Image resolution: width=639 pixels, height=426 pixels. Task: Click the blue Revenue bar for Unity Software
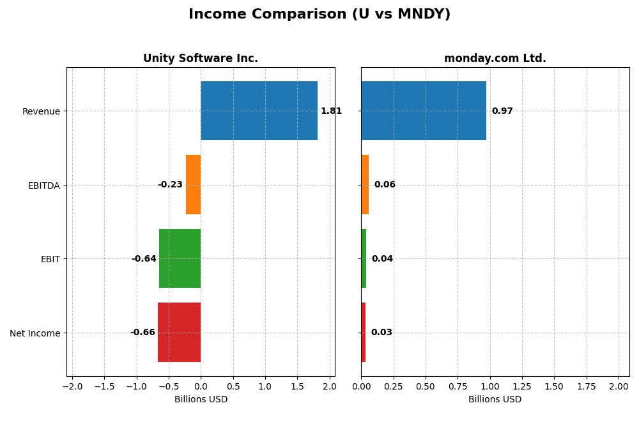pos(259,111)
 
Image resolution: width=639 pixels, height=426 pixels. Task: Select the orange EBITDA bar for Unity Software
pos(193,185)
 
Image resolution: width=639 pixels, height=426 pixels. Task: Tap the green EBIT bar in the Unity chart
pos(180,258)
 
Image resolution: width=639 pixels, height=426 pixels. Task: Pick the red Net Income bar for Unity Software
pos(179,333)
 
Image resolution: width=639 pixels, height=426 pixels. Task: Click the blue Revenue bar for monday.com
pos(423,111)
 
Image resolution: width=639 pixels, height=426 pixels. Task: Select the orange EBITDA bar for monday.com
pos(365,185)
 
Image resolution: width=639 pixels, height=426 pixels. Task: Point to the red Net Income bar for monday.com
pos(363,333)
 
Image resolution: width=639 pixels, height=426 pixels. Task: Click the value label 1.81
pos(331,111)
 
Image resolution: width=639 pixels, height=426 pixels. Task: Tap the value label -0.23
pos(170,185)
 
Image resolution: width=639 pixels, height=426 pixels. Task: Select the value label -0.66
pos(142,333)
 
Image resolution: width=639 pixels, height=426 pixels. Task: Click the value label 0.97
pos(502,111)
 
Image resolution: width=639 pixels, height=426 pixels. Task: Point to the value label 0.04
pos(382,259)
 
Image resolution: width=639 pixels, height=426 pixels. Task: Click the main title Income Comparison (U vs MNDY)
pos(319,15)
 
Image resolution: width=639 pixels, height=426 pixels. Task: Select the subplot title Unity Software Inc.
pos(201,59)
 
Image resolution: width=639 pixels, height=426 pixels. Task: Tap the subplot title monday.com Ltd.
pos(495,59)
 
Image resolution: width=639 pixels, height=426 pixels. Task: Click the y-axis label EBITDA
pos(43,185)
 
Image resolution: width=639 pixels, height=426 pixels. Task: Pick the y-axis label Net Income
pos(35,333)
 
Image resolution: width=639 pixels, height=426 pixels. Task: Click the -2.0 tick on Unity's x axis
pos(72,387)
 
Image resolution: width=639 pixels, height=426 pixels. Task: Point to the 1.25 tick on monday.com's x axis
pos(522,387)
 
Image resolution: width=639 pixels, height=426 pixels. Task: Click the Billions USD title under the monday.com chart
pos(495,400)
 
